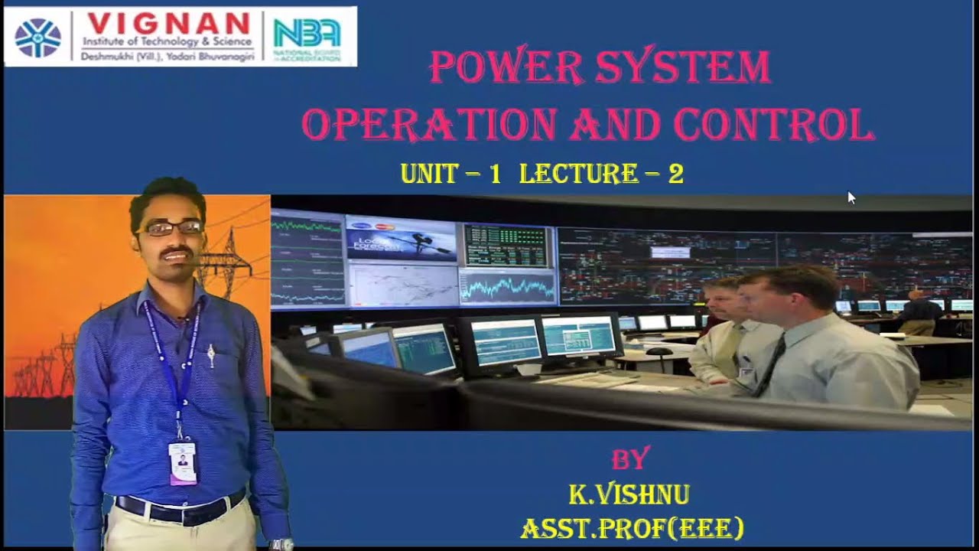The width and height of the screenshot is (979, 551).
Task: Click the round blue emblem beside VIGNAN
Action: pos(37,37)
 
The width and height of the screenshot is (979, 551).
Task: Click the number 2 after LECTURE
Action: pos(675,174)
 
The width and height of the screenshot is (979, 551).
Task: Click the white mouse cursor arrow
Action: pos(851,197)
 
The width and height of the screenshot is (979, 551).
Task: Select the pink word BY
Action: pos(630,458)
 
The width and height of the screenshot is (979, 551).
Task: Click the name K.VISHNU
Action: pos(629,495)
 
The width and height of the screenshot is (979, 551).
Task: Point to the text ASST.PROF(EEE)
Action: pos(632,528)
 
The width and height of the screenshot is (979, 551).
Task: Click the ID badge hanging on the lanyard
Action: pos(183,462)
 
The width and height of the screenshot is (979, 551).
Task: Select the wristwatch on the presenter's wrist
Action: pos(280,545)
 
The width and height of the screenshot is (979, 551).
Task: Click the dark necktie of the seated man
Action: pos(769,365)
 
